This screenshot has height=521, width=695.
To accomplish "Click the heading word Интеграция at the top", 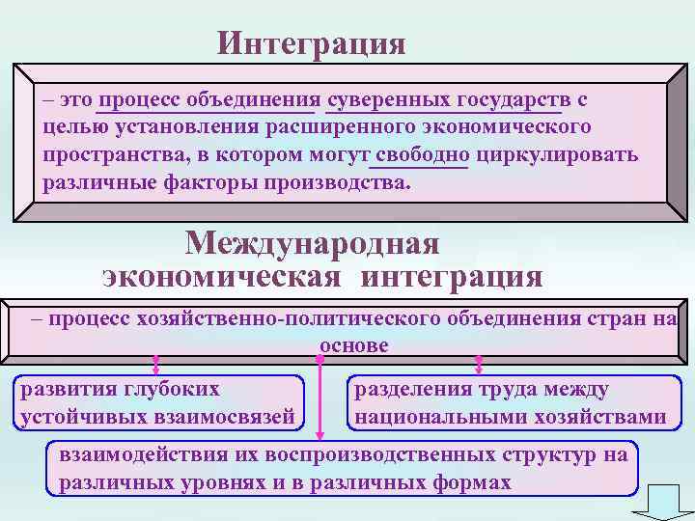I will pyautogui.click(x=311, y=43).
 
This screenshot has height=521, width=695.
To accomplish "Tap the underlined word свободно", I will pyautogui.click(x=424, y=155).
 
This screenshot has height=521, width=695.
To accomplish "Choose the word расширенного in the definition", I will pyautogui.click(x=370, y=127).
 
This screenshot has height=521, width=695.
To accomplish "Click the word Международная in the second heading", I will pyautogui.click(x=313, y=242).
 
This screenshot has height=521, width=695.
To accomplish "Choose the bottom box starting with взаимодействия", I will pyautogui.click(x=343, y=468).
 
